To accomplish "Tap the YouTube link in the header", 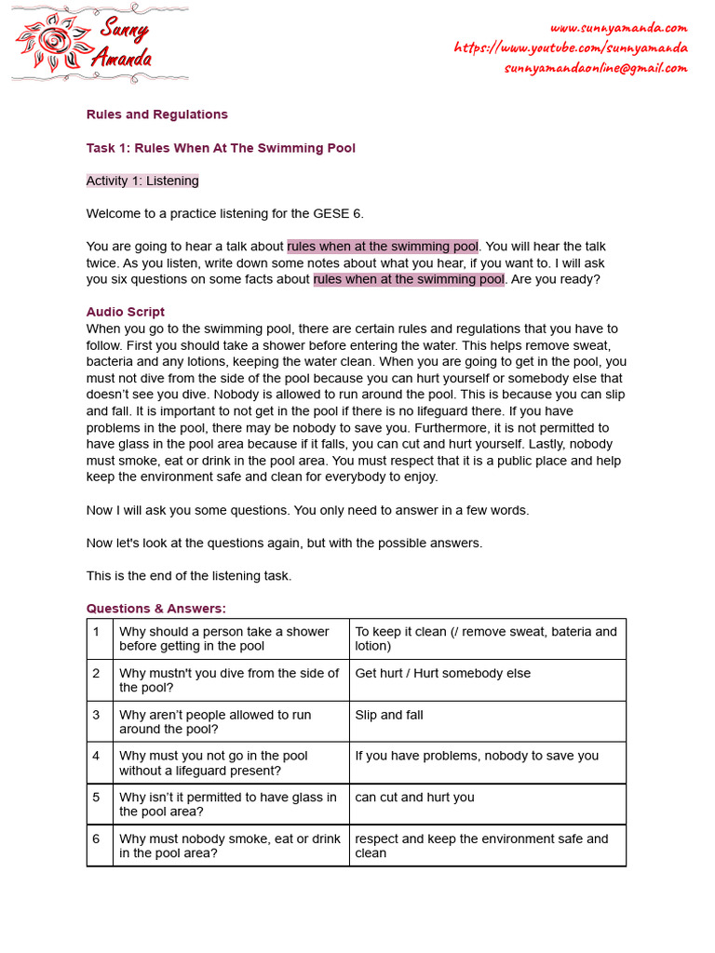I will tap(571, 47).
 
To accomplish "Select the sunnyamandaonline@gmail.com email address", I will tap(596, 68).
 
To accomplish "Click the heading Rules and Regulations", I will tap(156, 114).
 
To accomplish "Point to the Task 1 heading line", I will tap(221, 148).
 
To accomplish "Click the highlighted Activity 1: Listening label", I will tap(142, 181).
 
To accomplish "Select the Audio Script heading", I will tap(126, 312).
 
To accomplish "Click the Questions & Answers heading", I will tap(155, 609).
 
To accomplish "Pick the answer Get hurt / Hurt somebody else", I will tap(442, 673).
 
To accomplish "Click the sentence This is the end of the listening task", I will tap(189, 576).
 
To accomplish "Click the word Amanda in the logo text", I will tap(121, 59).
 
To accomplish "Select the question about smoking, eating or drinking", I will tap(230, 845).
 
